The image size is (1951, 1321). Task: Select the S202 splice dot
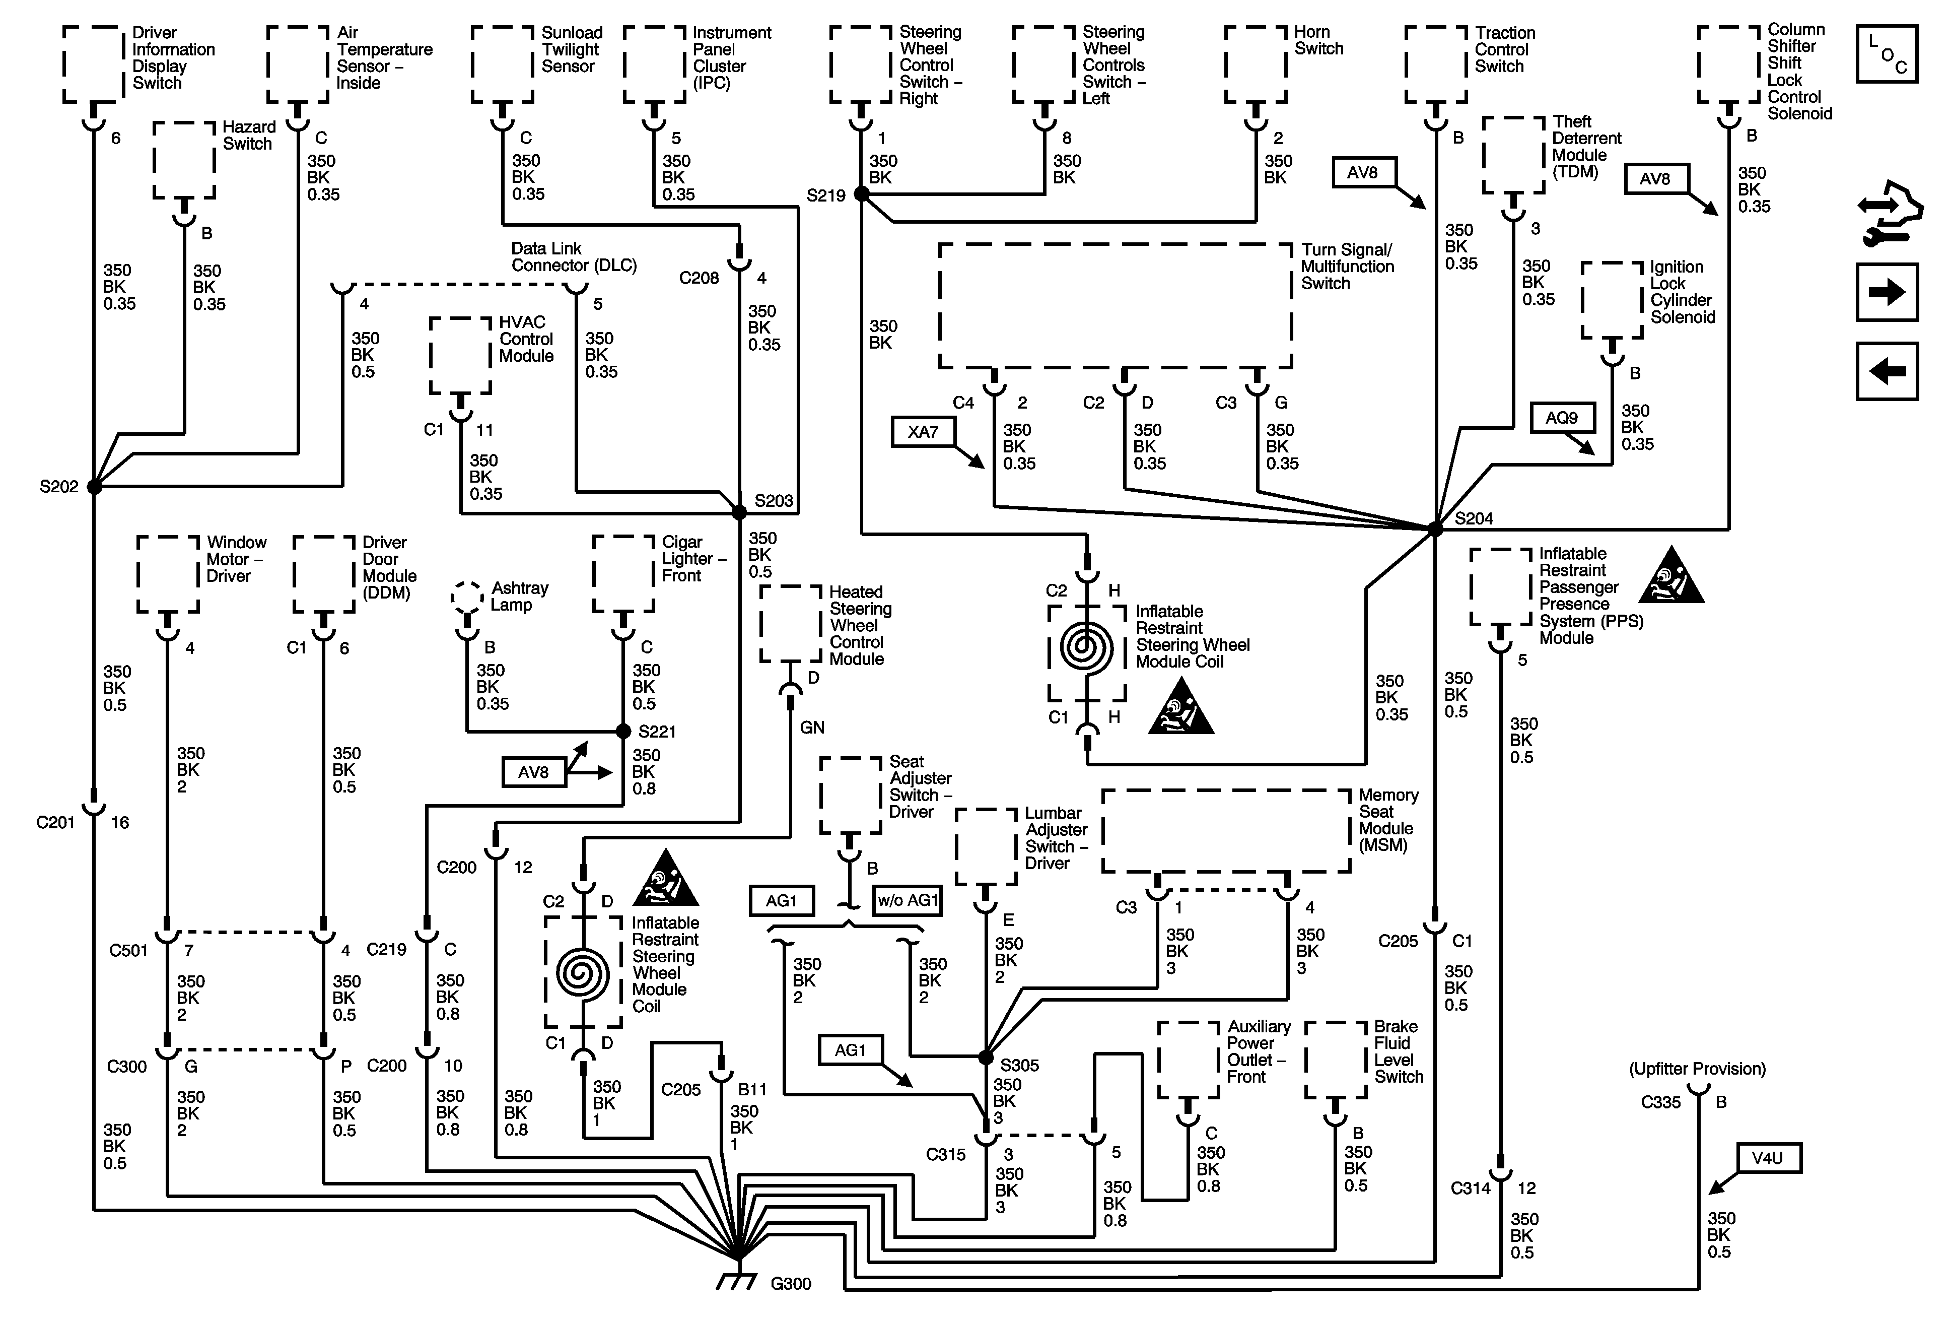(94, 486)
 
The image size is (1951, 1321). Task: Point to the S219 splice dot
(861, 194)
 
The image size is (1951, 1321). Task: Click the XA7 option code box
(923, 432)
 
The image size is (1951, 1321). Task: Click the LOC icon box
(1887, 54)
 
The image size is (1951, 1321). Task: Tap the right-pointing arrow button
(1887, 292)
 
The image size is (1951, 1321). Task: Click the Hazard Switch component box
(184, 160)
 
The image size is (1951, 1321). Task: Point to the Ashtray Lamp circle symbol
(467, 597)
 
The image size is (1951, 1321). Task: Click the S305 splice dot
(987, 1058)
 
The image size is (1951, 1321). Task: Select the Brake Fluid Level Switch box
(1336, 1060)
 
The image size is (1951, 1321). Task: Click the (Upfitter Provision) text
(1697, 1069)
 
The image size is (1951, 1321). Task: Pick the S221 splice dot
(623, 732)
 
